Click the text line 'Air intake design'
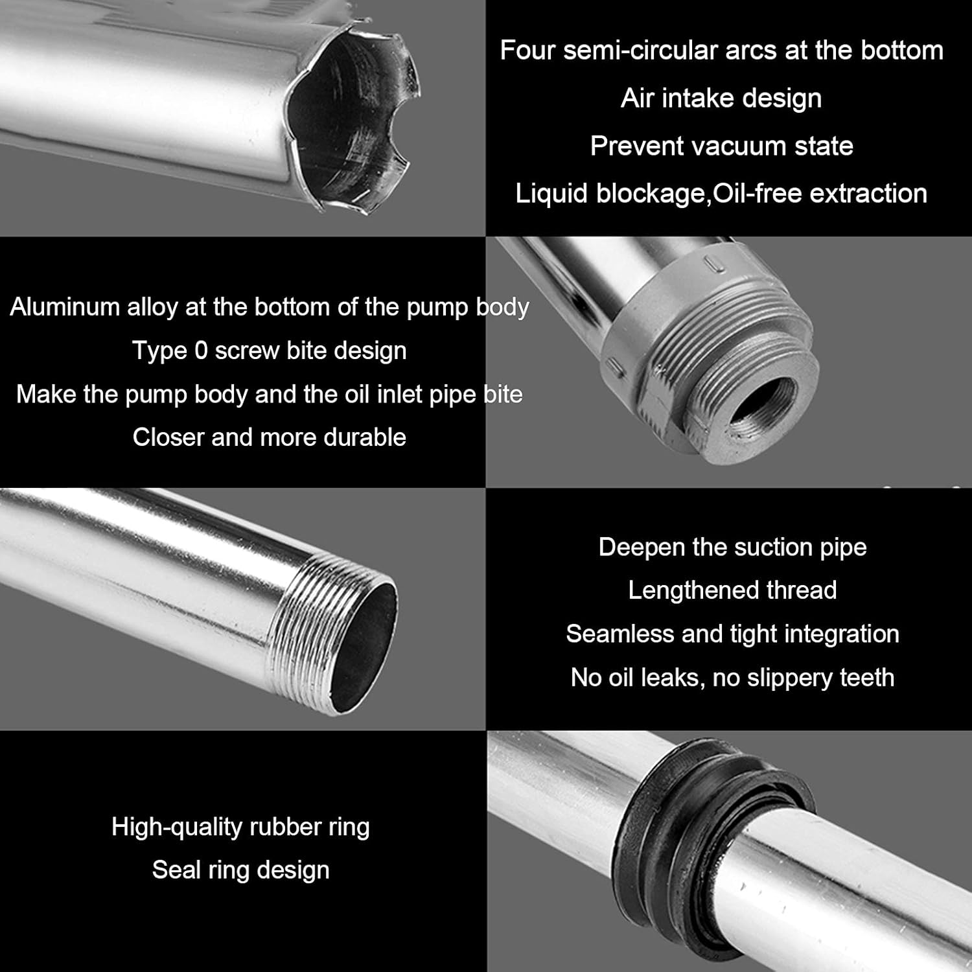click(721, 98)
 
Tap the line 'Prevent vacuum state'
click(721, 146)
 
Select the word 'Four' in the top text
click(527, 51)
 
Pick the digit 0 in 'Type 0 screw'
click(201, 351)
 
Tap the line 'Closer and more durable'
click(270, 437)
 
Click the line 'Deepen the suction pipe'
click(732, 547)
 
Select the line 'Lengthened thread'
click(732, 590)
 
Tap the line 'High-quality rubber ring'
click(240, 827)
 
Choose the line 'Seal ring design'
click(240, 870)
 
